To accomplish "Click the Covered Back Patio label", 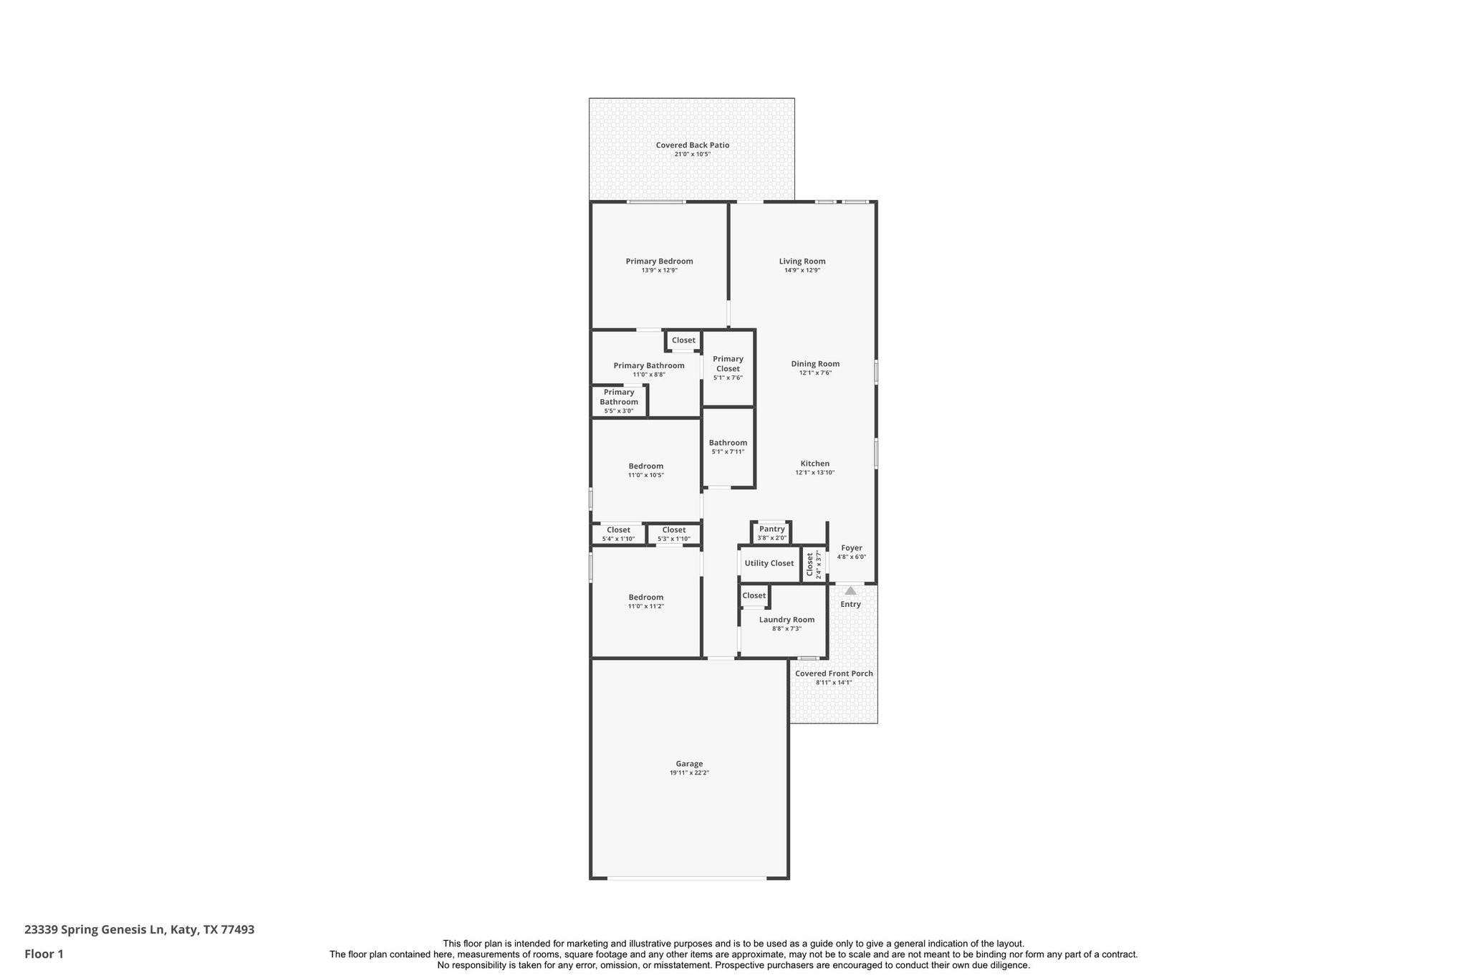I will click(x=692, y=145).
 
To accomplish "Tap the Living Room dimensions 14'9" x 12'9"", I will click(x=802, y=271).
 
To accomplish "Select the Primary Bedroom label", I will click(x=659, y=262).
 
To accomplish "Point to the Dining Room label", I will click(x=815, y=364).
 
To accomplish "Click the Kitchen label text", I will click(x=815, y=464).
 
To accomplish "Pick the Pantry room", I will click(x=771, y=532).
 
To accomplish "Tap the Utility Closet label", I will click(x=769, y=563).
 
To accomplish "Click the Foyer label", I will click(x=852, y=548).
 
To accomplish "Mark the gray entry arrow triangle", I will click(x=850, y=591).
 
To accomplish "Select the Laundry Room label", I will click(x=787, y=620).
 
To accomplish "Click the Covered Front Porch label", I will click(x=834, y=673).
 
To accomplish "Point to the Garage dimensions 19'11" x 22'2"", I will click(x=689, y=773).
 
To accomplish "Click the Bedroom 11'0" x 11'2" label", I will click(x=645, y=598).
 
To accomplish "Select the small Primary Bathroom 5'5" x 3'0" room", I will click(x=619, y=401).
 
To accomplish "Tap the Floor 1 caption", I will click(x=44, y=954).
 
